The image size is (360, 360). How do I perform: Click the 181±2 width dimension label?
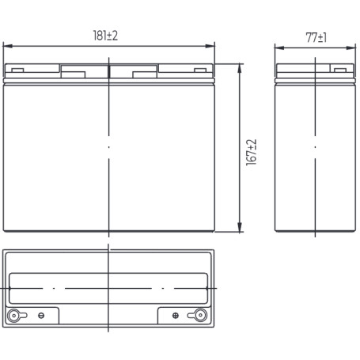click(x=105, y=36)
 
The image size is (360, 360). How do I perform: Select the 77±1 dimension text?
click(x=316, y=37)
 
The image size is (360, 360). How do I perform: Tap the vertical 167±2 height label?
click(x=252, y=153)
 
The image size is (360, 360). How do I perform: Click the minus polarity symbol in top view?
click(x=41, y=316)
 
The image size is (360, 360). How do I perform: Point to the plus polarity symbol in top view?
click(x=176, y=316)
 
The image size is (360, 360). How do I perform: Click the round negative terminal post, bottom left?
click(x=13, y=316)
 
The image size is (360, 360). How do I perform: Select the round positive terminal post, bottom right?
click(x=200, y=315)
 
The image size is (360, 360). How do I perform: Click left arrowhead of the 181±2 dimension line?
click(x=7, y=46)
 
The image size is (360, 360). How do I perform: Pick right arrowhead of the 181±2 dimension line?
click(x=210, y=46)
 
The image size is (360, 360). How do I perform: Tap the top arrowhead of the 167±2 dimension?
click(x=240, y=68)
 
